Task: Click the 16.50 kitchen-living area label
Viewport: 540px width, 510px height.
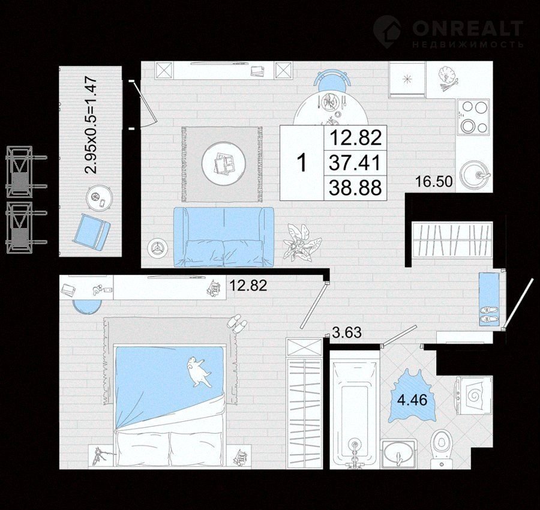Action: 434,181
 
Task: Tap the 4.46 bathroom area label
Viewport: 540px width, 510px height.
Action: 412,400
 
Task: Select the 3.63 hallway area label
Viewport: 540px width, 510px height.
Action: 347,332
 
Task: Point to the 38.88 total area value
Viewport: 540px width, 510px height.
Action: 355,188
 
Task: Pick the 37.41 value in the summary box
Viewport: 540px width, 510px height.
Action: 355,163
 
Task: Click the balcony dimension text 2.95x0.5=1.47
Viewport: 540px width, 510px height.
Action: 92,127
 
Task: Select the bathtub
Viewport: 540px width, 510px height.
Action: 355,410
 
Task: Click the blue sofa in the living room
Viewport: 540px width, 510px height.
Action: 224,237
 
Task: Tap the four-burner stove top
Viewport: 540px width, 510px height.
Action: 473,117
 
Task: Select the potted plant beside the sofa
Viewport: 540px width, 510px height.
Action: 301,242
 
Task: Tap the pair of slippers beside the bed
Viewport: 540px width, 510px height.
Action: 236,323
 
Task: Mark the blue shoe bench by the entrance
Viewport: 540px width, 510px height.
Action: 489,299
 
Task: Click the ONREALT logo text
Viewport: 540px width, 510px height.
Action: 467,28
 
